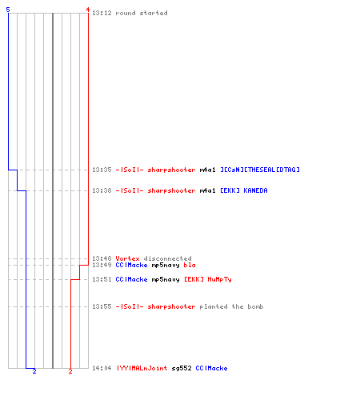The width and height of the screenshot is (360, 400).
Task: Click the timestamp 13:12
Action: click(x=102, y=13)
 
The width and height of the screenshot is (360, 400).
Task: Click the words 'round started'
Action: click(x=142, y=13)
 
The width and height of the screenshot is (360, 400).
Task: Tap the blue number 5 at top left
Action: click(x=8, y=10)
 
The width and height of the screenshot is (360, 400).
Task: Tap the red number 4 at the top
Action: click(x=88, y=10)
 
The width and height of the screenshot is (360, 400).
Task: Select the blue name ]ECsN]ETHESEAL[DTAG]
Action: click(x=260, y=170)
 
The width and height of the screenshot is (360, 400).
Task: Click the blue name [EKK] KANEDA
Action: click(x=244, y=190)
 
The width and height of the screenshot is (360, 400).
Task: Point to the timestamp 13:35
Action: click(x=102, y=170)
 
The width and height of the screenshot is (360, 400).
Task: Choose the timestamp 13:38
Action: click(x=102, y=190)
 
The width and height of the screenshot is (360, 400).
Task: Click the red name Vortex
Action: click(x=127, y=258)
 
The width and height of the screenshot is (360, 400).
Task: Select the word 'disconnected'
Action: click(x=167, y=258)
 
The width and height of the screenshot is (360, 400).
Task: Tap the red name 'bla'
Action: click(x=190, y=265)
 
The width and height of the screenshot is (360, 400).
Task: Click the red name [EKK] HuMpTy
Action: click(x=208, y=279)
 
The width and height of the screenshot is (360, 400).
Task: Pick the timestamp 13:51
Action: click(x=102, y=279)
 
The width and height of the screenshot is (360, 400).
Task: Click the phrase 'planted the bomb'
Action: click(x=231, y=306)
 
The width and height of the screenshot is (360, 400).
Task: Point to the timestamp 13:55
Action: click(x=102, y=306)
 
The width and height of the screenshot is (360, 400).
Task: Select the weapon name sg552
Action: click(x=182, y=368)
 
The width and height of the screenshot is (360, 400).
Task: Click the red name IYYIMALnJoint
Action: click(x=142, y=368)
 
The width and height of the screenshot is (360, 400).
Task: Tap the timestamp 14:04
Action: click(x=102, y=368)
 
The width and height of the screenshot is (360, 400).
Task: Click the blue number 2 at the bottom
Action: click(x=34, y=371)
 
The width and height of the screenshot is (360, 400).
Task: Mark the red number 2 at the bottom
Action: click(x=70, y=371)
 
